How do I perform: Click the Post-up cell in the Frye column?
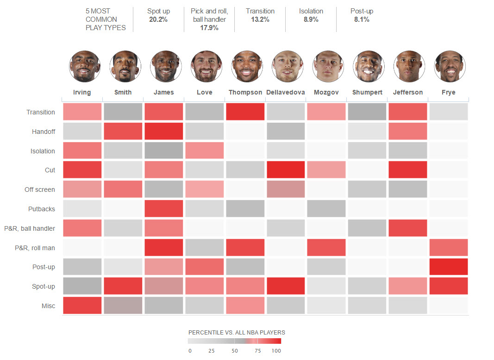(x=449, y=267)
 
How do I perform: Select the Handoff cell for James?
(x=163, y=131)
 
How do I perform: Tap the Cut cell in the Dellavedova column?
(x=286, y=170)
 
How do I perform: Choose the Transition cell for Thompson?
(x=245, y=112)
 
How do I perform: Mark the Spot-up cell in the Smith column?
(x=123, y=286)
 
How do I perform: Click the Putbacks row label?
(x=42, y=209)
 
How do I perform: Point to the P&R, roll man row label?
(x=36, y=248)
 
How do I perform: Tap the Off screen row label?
(x=40, y=189)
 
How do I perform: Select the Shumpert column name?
(x=367, y=92)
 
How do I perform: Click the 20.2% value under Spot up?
(x=158, y=19)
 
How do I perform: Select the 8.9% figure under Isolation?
(x=311, y=19)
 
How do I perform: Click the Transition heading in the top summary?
(x=260, y=11)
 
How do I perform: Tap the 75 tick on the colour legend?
(x=257, y=351)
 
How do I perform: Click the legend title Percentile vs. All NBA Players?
(x=237, y=333)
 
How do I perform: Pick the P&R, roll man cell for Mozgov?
(x=326, y=247)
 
